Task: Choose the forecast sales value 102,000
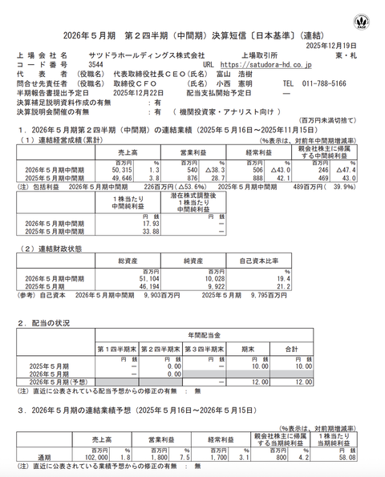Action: coord(113,458)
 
